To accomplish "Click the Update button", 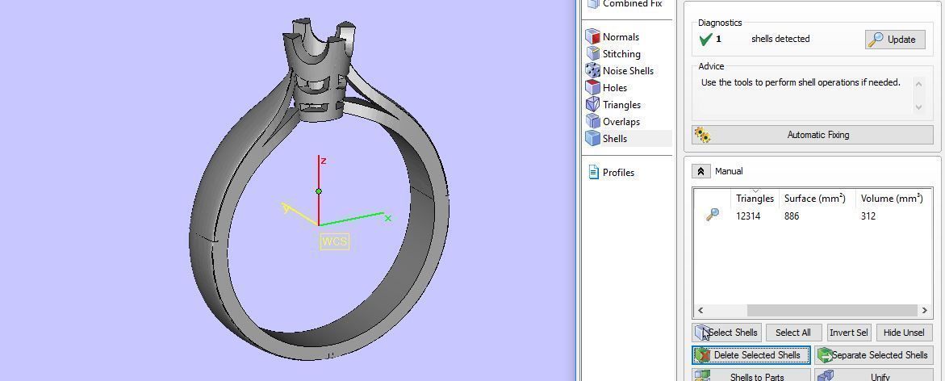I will click(x=895, y=39).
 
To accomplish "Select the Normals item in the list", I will click(x=620, y=37).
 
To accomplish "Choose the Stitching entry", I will click(x=621, y=54).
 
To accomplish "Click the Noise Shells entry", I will click(x=627, y=71).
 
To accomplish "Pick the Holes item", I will click(x=614, y=88).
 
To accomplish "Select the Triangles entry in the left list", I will click(x=621, y=105).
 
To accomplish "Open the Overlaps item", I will click(x=621, y=122).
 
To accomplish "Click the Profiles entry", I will click(x=617, y=173).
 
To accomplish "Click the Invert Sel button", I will click(x=848, y=333).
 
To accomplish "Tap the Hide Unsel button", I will click(x=903, y=333).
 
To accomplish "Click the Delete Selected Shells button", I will click(x=751, y=355).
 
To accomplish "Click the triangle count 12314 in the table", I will click(x=748, y=216).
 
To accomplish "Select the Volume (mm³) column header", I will click(x=891, y=199).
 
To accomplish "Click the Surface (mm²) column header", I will click(x=814, y=199).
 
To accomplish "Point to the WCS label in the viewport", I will click(x=335, y=241).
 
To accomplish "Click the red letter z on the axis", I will click(x=323, y=161).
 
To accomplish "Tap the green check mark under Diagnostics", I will click(x=705, y=39).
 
